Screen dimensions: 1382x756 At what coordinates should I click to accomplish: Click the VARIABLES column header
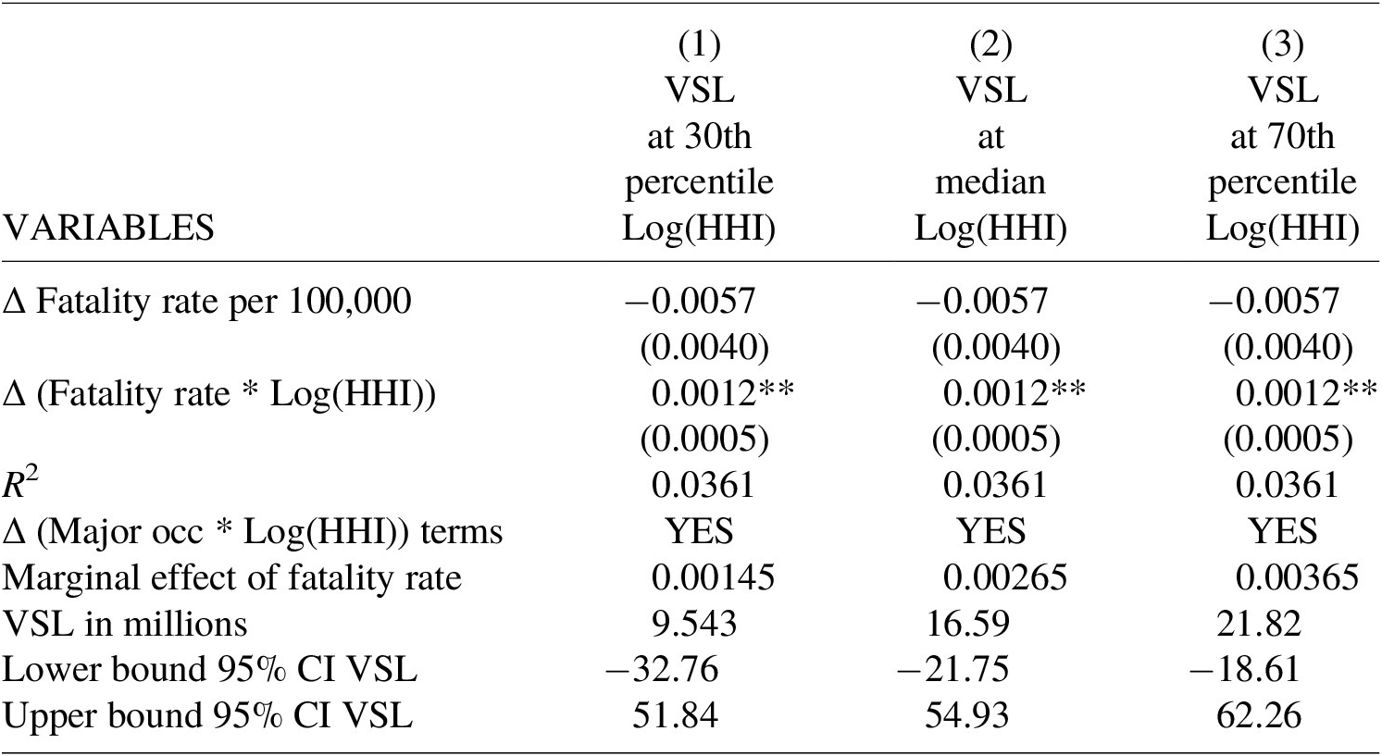(x=108, y=229)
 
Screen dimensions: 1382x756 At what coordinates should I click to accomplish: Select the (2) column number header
(x=990, y=45)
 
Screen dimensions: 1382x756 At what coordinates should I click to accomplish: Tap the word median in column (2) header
(x=990, y=182)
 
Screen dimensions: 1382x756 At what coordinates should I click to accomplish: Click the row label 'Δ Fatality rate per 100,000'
(x=206, y=303)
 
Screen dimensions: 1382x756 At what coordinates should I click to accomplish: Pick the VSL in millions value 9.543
(x=694, y=624)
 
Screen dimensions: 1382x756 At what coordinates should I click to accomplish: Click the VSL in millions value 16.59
(x=968, y=624)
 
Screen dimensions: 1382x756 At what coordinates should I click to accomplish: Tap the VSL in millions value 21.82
(x=1259, y=624)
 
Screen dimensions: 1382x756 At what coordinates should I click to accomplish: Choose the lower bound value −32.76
(x=662, y=670)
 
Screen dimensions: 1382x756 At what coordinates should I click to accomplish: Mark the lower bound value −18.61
(x=1244, y=670)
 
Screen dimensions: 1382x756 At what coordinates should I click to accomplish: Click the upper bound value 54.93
(x=966, y=716)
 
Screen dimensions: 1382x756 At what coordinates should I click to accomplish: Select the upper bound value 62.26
(x=1259, y=716)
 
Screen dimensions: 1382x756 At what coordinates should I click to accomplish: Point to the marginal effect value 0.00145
(x=713, y=578)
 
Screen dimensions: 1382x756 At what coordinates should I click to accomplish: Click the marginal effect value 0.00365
(x=1297, y=578)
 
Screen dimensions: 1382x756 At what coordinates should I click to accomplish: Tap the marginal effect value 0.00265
(x=1005, y=578)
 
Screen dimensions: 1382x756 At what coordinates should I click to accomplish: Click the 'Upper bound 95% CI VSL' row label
(x=207, y=716)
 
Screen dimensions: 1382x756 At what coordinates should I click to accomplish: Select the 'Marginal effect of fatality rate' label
(x=232, y=578)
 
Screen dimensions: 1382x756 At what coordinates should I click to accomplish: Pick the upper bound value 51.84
(x=675, y=716)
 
